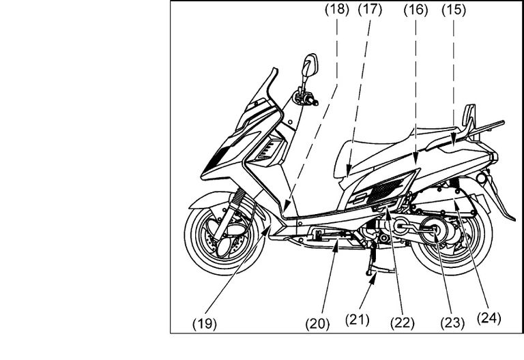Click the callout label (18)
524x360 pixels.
pyautogui.click(x=337, y=10)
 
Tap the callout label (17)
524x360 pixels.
pyautogui.click(x=370, y=10)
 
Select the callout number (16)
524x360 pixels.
pyautogui.click(x=416, y=10)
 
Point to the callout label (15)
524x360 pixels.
pyautogui.click(x=454, y=10)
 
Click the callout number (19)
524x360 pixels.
pyautogui.click(x=205, y=324)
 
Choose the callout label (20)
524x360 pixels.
pyautogui.click(x=317, y=324)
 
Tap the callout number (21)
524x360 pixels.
pyautogui.click(x=358, y=320)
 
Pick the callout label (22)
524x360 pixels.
pyautogui.click(x=403, y=323)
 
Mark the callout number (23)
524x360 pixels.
pyautogui.click(x=452, y=323)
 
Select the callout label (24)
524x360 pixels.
pyautogui.click(x=489, y=318)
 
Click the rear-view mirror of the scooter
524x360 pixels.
pyautogui.click(x=310, y=65)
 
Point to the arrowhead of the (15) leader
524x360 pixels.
pyautogui.click(x=454, y=138)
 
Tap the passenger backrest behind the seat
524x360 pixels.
pyautogui.click(x=469, y=116)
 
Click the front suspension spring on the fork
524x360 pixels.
pyautogui.click(x=238, y=197)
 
